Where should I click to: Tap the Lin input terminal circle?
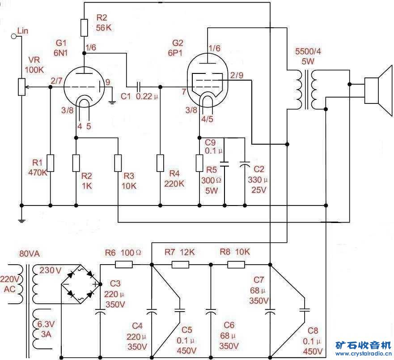coord(13,36)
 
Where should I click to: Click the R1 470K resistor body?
coord(50,163)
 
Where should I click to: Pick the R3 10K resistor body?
coord(118,163)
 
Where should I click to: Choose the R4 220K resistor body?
coord(160,163)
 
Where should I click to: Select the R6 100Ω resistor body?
coord(124,265)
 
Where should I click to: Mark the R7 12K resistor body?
coord(181,265)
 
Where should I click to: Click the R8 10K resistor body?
coord(236,265)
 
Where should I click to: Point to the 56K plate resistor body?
coord(84,28)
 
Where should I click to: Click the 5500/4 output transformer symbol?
coord(306,90)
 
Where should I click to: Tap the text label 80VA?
coord(30,254)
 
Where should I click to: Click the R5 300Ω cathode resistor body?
coord(199,163)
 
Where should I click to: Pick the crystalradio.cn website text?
coord(363,354)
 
